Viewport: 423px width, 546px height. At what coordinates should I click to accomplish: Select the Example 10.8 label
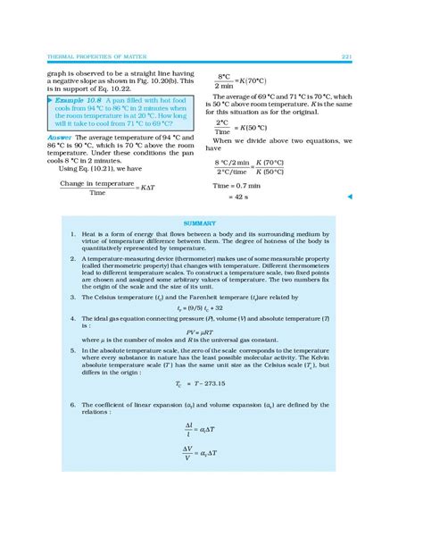pos(77,100)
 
